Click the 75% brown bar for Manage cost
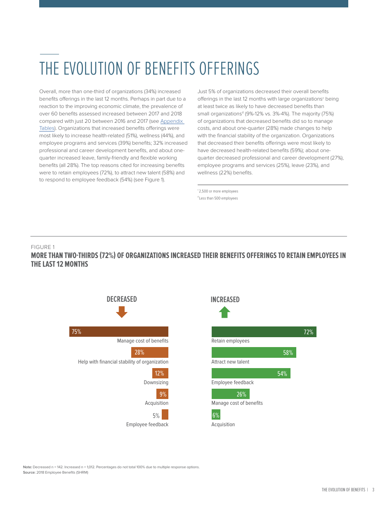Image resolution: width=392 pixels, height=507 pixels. click(119, 331)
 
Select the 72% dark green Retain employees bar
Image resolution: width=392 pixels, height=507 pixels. click(264, 332)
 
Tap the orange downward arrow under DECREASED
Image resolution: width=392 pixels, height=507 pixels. click(122, 312)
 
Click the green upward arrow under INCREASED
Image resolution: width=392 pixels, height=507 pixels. click(224, 312)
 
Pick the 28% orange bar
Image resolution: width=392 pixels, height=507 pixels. click(149, 352)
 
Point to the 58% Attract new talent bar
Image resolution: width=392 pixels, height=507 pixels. click(254, 352)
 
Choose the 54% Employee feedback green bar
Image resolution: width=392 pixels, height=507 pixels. click(251, 373)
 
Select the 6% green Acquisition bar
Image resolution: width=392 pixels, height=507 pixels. click(216, 415)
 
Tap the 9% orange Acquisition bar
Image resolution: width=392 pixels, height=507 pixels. click(162, 394)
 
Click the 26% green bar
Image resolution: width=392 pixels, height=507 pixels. click(230, 394)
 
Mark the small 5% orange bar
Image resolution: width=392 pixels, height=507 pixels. click(165, 415)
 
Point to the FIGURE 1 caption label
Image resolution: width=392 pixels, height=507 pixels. click(43, 247)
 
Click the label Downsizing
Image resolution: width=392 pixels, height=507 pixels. click(156, 383)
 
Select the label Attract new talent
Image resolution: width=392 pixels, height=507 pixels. click(230, 362)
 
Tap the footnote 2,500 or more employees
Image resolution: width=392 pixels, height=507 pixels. click(218, 191)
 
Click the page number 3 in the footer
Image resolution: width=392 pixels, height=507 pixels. click(373, 490)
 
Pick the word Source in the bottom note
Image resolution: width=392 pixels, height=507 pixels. click(29, 472)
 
